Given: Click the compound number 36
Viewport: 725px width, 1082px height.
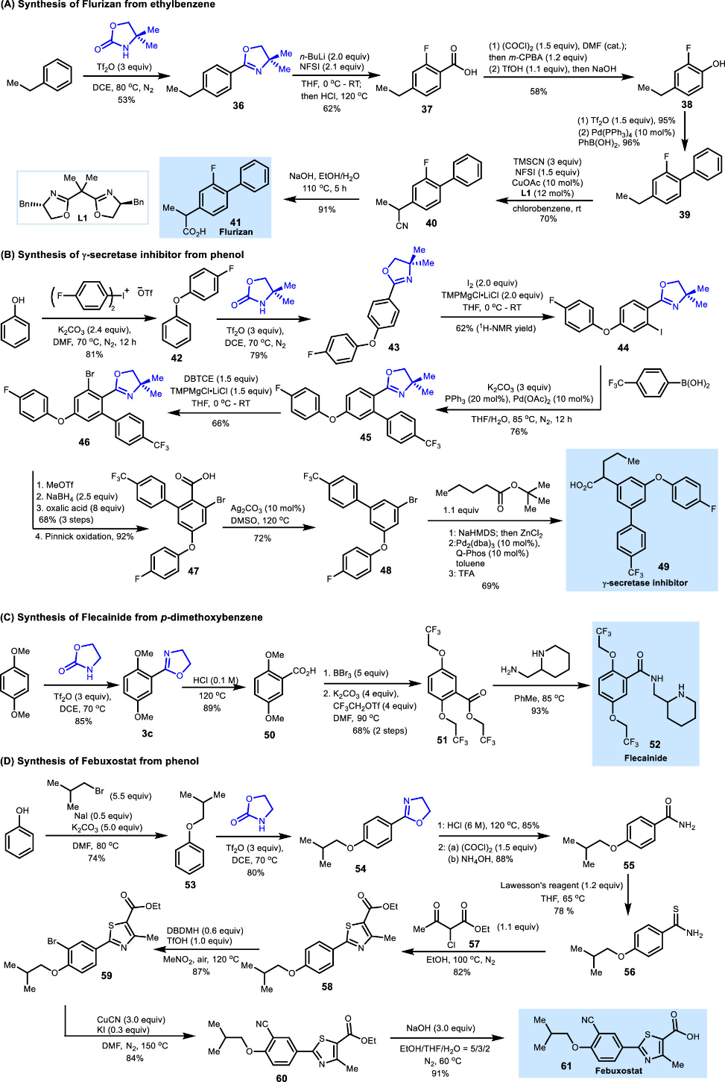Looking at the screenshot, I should point(238,106).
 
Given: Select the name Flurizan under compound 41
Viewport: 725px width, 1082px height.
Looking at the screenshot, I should point(235,232).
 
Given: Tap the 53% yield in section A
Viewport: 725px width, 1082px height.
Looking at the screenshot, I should point(126,100).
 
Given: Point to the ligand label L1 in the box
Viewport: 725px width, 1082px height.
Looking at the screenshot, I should point(82,218).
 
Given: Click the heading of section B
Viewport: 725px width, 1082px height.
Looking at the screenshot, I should point(123,254).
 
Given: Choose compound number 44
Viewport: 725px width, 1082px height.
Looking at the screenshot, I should point(623,347).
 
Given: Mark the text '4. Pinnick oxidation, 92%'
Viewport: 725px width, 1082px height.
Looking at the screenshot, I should point(85,536).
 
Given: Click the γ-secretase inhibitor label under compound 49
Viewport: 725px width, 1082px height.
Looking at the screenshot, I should point(645,582).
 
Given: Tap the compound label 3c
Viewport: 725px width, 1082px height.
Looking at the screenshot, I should point(147,734).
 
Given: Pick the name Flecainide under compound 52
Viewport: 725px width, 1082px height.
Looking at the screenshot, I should point(645,758).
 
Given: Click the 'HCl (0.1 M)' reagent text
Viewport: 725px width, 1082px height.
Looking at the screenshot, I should point(215,680).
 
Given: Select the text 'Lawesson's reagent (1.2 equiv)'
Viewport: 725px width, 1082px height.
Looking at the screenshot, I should point(561,885).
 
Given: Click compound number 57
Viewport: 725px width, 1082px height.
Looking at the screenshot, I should point(474,944).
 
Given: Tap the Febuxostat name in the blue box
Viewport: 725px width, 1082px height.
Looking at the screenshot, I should point(618,1071).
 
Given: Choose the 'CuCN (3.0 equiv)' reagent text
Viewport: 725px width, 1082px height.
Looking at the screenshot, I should point(131,1019).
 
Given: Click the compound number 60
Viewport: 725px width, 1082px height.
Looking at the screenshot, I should point(281,1078).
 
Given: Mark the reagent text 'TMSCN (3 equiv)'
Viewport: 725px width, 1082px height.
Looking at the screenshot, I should point(547,162).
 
